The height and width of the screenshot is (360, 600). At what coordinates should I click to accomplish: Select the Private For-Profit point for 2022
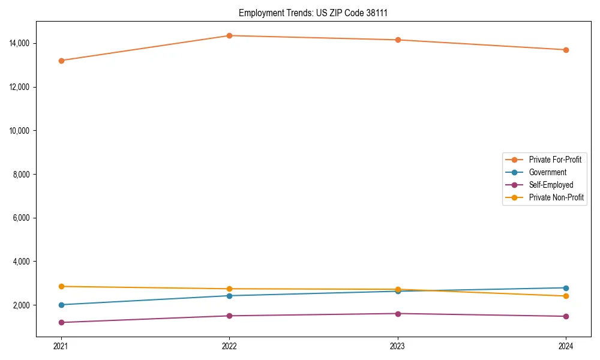click(229, 35)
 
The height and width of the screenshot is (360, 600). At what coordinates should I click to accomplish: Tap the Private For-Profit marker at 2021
click(61, 61)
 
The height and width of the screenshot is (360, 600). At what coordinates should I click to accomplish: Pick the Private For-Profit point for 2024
click(566, 50)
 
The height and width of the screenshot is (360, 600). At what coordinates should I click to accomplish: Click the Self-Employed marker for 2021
click(61, 322)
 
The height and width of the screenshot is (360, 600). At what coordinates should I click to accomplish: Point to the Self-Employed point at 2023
click(397, 313)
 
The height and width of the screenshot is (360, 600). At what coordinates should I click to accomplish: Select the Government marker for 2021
click(61, 305)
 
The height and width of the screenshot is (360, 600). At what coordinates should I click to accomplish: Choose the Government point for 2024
click(566, 288)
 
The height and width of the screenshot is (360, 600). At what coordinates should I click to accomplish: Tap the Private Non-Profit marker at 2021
click(61, 286)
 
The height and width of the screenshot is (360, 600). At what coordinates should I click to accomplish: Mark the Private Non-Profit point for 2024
click(566, 296)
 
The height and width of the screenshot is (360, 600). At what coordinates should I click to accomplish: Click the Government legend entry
click(547, 172)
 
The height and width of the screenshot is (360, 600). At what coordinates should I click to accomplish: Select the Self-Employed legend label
click(551, 185)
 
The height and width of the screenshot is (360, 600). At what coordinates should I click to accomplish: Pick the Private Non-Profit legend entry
click(556, 197)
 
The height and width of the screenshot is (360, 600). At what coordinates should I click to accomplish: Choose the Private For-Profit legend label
click(554, 160)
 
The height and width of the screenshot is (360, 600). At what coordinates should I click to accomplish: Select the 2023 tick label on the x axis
click(397, 346)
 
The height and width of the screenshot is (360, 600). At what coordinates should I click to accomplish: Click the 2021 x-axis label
click(61, 346)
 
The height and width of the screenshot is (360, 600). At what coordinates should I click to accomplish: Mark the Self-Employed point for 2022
click(229, 316)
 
